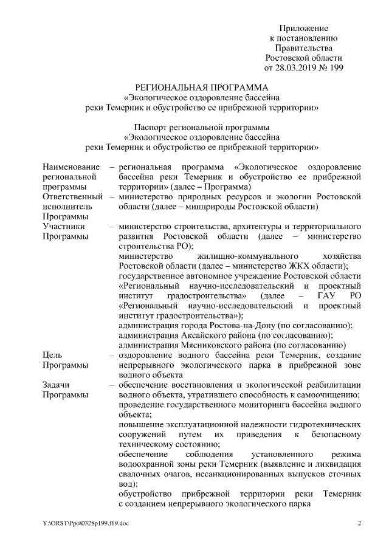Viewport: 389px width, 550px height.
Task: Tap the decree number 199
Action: pyautogui.click(x=336, y=67)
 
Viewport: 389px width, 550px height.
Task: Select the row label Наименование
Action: pyautogui.click(x=70, y=167)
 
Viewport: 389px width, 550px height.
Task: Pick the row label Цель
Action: pyautogui.click(x=52, y=354)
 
